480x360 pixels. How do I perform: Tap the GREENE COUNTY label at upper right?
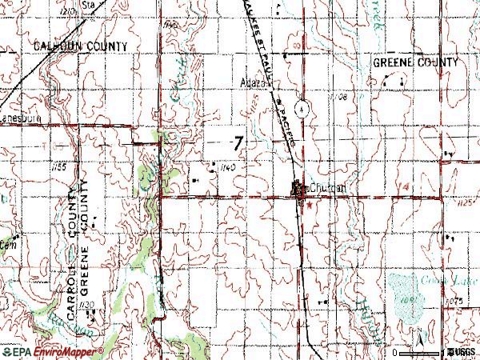tap(416, 63)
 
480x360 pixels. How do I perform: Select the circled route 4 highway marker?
tap(301, 108)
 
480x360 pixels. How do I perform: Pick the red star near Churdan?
tap(310, 204)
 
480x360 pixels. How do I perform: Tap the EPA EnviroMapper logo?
tap(52, 352)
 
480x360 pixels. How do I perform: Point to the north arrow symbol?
tap(418, 342)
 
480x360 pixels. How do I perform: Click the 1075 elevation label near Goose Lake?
tap(456, 300)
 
